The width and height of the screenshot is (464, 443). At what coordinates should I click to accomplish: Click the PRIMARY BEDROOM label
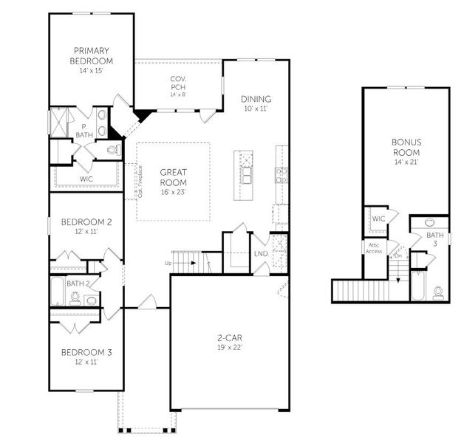[x=92, y=55]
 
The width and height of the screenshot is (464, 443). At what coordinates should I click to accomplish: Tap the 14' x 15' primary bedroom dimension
[x=92, y=72]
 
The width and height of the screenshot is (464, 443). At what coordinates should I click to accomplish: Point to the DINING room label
[x=256, y=99]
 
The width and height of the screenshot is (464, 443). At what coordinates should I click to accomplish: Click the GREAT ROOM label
[x=173, y=177]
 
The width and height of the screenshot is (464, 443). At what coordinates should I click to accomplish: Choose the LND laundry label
[x=261, y=254]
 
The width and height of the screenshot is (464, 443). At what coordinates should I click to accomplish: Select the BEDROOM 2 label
[x=86, y=221]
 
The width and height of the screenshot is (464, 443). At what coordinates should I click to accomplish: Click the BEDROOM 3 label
[x=86, y=352]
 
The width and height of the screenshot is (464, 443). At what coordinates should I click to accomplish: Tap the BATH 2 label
[x=78, y=283]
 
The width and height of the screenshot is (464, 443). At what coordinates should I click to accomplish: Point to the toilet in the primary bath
[x=112, y=150]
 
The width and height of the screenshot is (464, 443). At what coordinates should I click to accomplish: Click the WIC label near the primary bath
[x=87, y=178]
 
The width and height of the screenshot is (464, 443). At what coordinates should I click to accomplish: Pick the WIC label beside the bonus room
[x=379, y=219]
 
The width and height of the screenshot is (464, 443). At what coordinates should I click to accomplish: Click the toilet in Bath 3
[x=440, y=292]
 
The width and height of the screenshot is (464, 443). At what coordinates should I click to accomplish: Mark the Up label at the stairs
[x=168, y=263]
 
